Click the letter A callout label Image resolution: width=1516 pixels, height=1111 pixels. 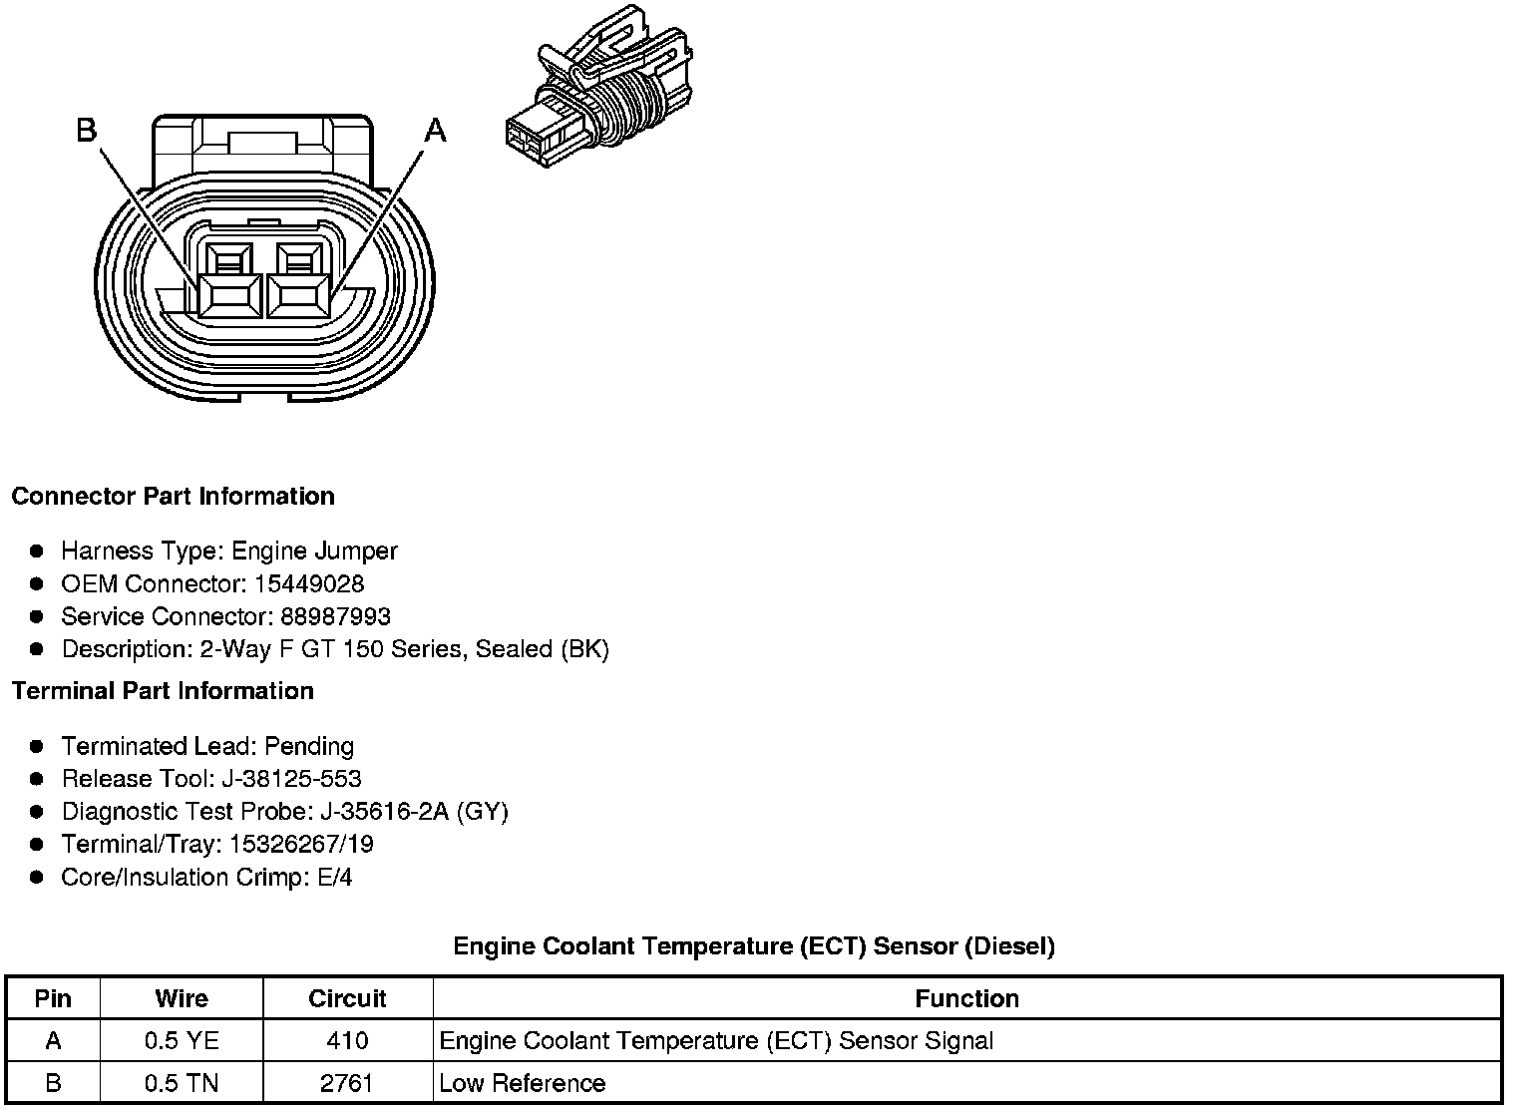click(x=436, y=130)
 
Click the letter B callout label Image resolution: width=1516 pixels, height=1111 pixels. click(x=87, y=130)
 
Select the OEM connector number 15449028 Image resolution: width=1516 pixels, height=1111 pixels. click(x=309, y=583)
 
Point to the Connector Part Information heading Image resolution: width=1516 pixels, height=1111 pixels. click(x=173, y=497)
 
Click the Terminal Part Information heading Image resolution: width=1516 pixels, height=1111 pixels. click(x=163, y=691)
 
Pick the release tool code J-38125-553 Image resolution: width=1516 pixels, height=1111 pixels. click(x=295, y=779)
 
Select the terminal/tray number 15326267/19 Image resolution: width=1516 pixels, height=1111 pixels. click(x=301, y=845)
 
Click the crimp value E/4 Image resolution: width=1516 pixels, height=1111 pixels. click(x=332, y=878)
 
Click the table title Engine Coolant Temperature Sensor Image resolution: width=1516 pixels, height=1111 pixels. click(x=754, y=945)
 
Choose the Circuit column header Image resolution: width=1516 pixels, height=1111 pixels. click(x=347, y=998)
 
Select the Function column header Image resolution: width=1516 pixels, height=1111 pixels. click(x=966, y=998)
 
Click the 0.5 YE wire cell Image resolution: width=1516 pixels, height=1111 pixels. click(x=182, y=1041)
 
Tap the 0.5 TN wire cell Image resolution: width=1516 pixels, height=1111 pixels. click(x=182, y=1083)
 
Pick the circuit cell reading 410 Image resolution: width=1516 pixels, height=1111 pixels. click(x=347, y=1041)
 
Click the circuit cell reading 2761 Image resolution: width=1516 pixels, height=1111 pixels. click(x=347, y=1083)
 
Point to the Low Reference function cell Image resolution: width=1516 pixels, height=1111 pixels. click(x=523, y=1083)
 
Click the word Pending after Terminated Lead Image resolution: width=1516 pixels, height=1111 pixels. click(x=309, y=746)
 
